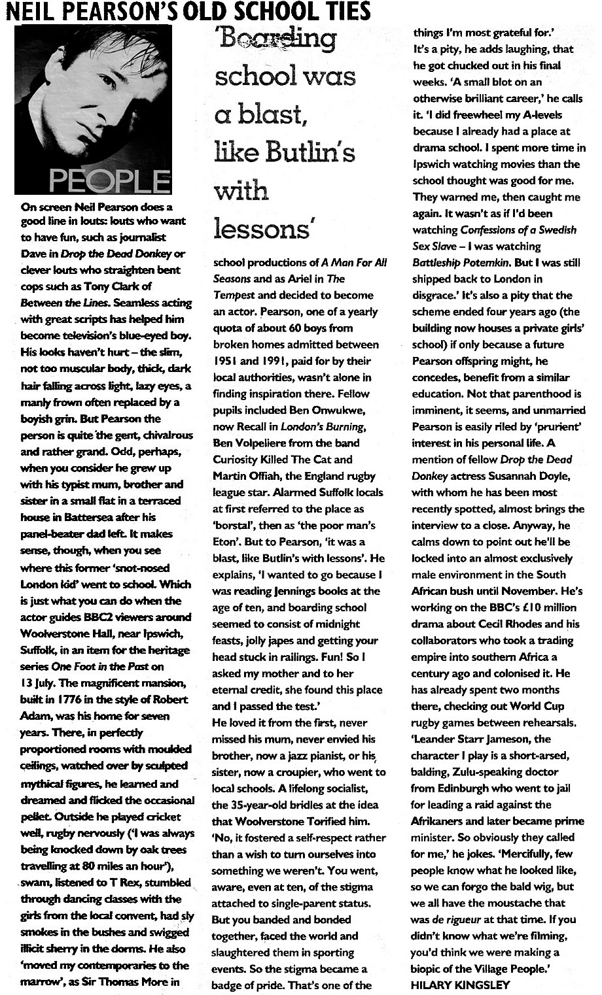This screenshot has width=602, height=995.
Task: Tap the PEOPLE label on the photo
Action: tap(109, 180)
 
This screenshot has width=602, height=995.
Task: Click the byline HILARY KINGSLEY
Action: tap(460, 985)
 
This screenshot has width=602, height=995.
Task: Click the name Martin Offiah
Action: tap(246, 475)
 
